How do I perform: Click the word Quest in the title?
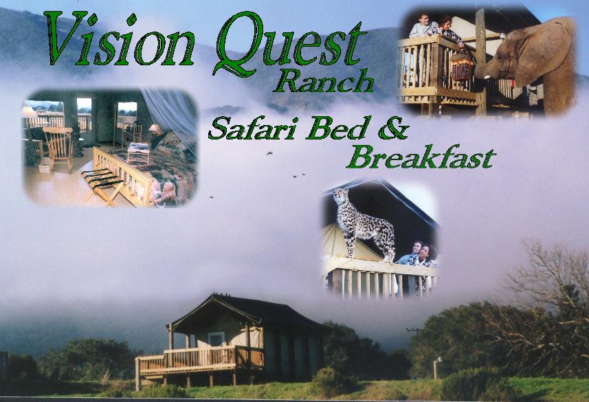coord(289,43)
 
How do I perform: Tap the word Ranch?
coord(323,81)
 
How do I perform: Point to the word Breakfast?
coord(421,157)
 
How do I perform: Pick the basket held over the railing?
coord(463,67)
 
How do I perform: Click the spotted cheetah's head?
coord(340,197)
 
